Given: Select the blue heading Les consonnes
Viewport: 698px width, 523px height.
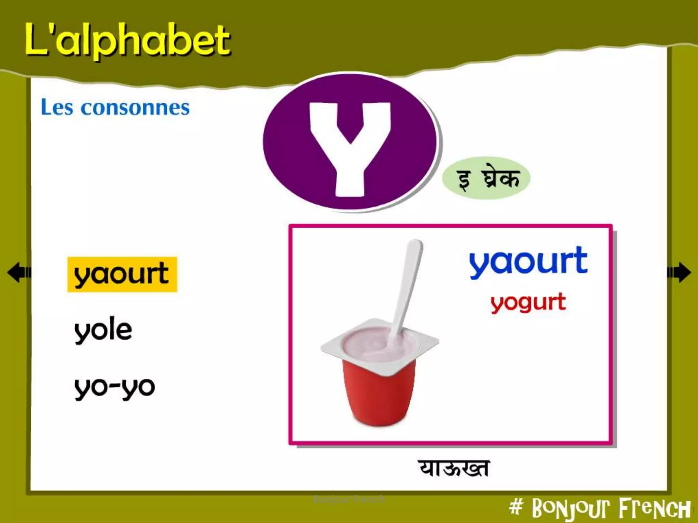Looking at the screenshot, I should pyautogui.click(x=115, y=108).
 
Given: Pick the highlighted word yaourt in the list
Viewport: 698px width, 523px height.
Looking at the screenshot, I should pyautogui.click(x=122, y=274).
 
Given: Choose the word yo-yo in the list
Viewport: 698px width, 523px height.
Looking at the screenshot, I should pyautogui.click(x=115, y=387).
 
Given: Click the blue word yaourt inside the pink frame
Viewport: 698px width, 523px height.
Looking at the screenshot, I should pyautogui.click(x=528, y=261).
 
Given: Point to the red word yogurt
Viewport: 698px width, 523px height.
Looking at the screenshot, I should pyautogui.click(x=528, y=302).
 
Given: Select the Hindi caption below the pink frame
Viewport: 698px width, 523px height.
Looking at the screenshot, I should pyautogui.click(x=453, y=469).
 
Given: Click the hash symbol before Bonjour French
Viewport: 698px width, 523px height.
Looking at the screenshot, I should pyautogui.click(x=516, y=507).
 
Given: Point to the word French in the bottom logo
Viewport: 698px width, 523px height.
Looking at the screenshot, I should pyautogui.click(x=654, y=509).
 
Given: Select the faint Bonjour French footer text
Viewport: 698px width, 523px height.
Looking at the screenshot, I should pyautogui.click(x=349, y=500).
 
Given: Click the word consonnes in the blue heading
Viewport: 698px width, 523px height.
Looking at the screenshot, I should pyautogui.click(x=135, y=108).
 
